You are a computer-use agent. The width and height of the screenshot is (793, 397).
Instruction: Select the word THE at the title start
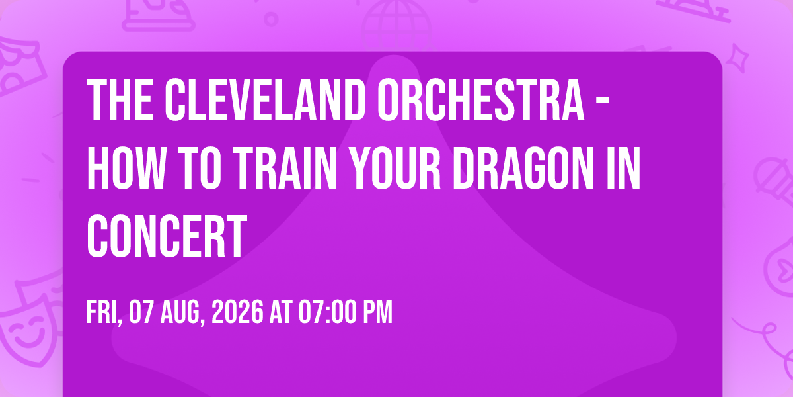click(x=120, y=101)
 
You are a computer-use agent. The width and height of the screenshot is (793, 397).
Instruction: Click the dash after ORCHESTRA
click(x=603, y=101)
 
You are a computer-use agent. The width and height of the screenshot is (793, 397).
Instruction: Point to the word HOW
click(x=126, y=167)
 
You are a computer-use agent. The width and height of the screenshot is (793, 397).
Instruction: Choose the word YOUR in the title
click(x=395, y=167)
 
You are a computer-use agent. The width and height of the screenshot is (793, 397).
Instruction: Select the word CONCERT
click(x=167, y=236)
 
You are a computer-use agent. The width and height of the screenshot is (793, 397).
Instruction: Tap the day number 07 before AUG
click(x=141, y=312)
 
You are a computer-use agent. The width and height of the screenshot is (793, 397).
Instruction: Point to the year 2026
click(x=237, y=312)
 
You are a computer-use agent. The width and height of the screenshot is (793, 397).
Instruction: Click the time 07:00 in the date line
click(x=327, y=312)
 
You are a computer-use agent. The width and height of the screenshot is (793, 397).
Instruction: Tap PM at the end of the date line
click(x=378, y=312)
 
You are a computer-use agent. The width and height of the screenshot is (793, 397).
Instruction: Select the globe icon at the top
click(x=397, y=22)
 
